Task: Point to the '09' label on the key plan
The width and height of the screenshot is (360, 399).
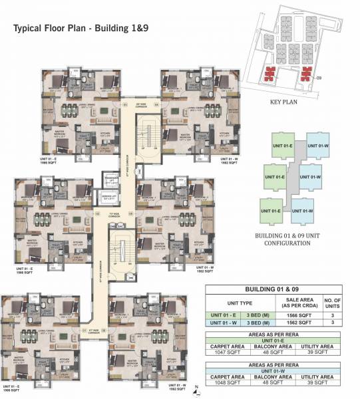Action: tap(321, 78)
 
